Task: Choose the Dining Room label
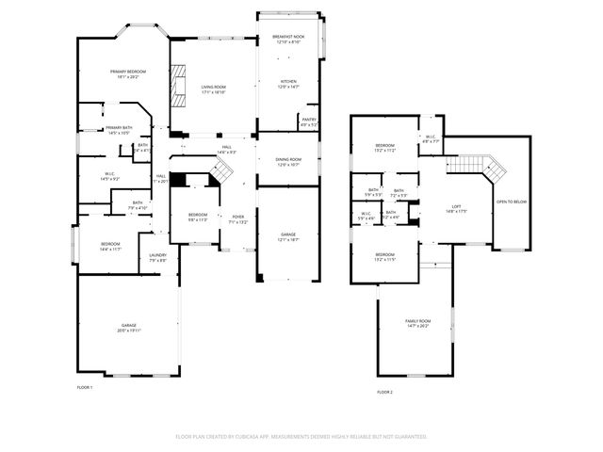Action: (288, 162)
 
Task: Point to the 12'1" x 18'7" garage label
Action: (287, 236)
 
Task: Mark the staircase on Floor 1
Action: (220, 172)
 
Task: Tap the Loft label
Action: (456, 208)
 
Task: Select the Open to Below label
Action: (512, 202)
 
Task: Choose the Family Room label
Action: (416, 323)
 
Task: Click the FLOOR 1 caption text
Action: (85, 388)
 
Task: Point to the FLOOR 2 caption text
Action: (384, 392)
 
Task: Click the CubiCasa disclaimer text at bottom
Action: (301, 437)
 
